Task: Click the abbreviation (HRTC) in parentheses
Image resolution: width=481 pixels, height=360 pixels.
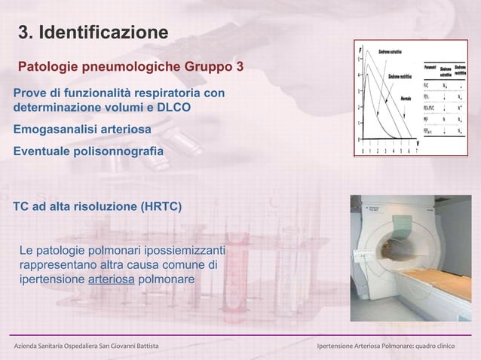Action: pos(155,205)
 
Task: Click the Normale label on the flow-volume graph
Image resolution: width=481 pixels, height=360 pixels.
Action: pos(406,99)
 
